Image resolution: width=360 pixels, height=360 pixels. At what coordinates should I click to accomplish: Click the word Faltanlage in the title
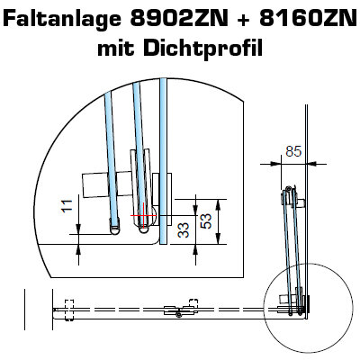62,19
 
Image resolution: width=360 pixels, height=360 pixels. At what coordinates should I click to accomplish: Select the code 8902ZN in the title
179,19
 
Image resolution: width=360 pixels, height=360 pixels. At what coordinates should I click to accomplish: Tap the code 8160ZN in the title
308,19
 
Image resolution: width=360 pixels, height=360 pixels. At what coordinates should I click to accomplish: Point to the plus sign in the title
244,20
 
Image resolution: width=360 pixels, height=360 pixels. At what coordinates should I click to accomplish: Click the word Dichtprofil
202,48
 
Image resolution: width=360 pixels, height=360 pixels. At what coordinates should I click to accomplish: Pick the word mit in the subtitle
115,48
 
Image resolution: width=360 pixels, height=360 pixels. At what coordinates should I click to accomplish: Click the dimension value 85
293,152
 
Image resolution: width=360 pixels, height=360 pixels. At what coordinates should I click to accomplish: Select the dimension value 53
206,221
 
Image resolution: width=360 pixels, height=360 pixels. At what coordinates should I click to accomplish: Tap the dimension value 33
184,230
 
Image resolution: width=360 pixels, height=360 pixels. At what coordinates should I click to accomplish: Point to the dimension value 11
67,206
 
